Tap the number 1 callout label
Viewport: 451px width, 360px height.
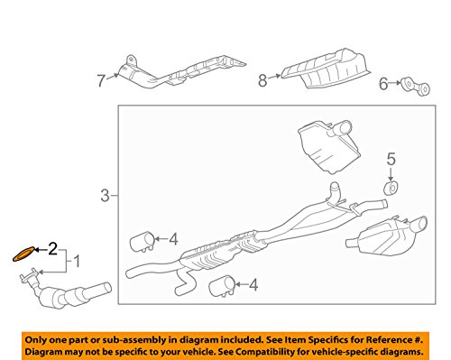tap(77, 263)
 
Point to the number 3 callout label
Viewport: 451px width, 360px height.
tap(105, 194)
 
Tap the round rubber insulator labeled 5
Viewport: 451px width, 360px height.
tap(391, 189)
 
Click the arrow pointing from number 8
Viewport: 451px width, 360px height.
tap(276, 79)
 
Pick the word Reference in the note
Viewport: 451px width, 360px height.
tap(385, 337)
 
